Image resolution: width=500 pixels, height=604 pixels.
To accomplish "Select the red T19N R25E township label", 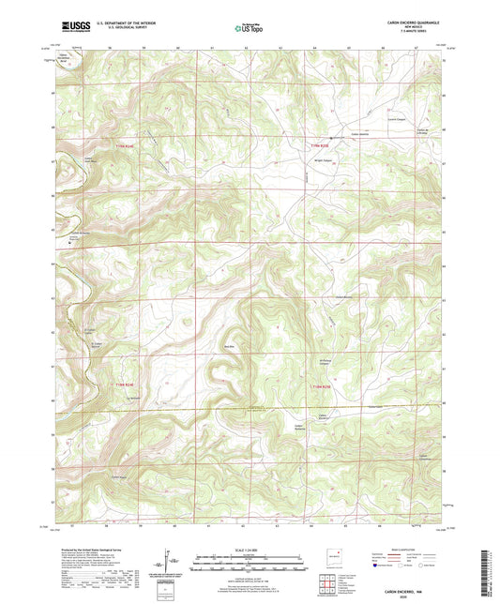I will [321, 145].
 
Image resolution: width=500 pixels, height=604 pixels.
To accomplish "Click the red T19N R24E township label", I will [124, 145].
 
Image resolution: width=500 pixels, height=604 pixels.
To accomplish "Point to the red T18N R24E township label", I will [125, 385].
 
